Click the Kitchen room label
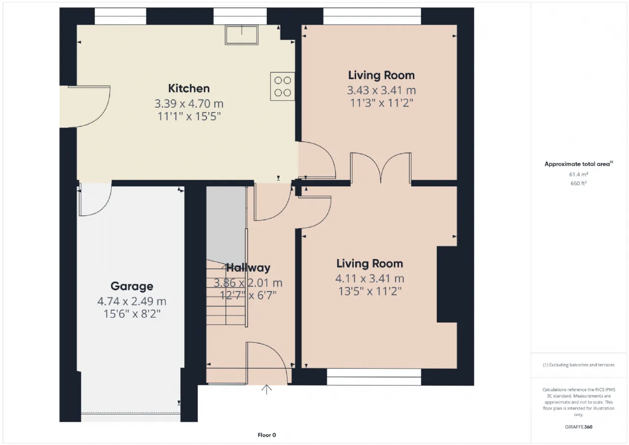coord(189,89)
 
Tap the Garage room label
coord(132,286)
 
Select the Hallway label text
coord(248,267)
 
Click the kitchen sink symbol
coord(241,35)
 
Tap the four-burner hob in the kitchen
coord(283,86)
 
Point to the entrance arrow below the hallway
coord(266,389)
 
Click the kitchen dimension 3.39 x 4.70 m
coord(189,104)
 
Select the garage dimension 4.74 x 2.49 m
coord(132,301)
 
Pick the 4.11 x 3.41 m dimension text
coord(370,279)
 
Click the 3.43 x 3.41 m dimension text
coord(381,90)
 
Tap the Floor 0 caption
coord(267,435)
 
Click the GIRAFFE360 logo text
coord(578,427)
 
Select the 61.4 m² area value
coord(578,174)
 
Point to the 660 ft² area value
coord(578,183)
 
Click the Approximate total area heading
coord(578,164)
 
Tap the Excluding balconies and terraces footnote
coord(578,365)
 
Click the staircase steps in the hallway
coord(226,292)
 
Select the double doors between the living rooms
coord(381,168)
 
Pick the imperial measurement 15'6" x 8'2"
coord(132,314)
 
